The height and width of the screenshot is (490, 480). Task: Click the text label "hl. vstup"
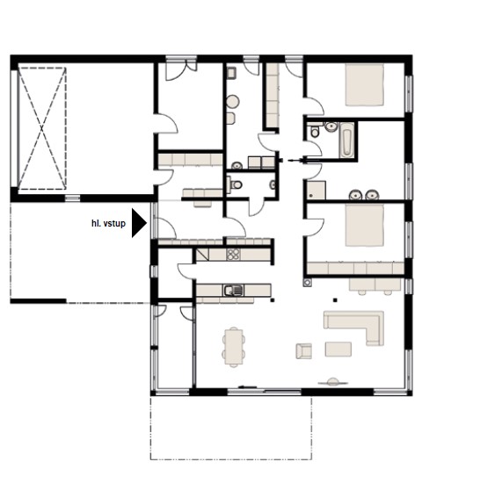(x=108, y=223)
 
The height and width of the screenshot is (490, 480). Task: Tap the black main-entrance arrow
(x=139, y=223)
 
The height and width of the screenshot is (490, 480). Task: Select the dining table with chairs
(x=234, y=347)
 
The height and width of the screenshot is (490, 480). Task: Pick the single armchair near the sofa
(x=304, y=351)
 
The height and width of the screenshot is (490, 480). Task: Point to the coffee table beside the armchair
(x=338, y=349)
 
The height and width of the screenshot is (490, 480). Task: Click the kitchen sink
(x=233, y=291)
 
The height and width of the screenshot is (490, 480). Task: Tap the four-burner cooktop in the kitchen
(x=234, y=254)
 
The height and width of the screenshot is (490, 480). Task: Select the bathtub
(x=346, y=141)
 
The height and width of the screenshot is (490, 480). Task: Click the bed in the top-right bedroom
(x=365, y=84)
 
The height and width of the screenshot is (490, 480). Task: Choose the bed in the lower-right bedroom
(x=365, y=225)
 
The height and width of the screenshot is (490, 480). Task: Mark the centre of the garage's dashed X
(x=41, y=128)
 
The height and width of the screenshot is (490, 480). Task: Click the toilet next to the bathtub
(x=315, y=131)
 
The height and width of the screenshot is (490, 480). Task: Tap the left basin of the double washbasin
(x=355, y=195)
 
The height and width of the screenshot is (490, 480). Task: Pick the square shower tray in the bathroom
(x=316, y=191)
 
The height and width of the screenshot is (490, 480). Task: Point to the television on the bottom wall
(x=333, y=382)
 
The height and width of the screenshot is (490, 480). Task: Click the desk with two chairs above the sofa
(x=375, y=286)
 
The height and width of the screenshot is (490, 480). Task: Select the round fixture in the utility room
(x=233, y=102)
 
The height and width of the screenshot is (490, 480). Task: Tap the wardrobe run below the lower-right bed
(x=355, y=268)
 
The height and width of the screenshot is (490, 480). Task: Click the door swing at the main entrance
(x=167, y=227)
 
